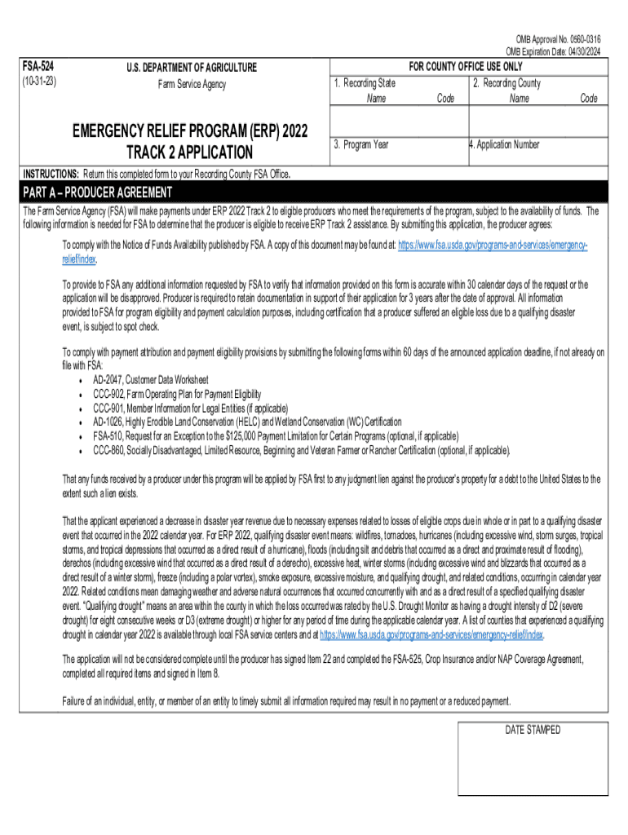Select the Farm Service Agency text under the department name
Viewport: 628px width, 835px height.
click(x=191, y=84)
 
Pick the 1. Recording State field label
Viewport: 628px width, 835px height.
click(x=365, y=83)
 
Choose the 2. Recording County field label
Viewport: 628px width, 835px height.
click(x=506, y=83)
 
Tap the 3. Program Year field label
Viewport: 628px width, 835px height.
click(x=360, y=144)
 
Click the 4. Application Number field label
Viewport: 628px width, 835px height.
click(x=503, y=144)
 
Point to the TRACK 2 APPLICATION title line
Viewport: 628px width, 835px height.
click(x=189, y=152)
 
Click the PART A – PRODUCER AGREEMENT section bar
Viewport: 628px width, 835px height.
click(x=98, y=192)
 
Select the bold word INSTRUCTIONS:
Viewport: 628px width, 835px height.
click(x=51, y=175)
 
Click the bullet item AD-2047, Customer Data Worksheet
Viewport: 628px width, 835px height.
click(x=150, y=380)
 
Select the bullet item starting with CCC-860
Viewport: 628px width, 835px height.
click(x=301, y=449)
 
